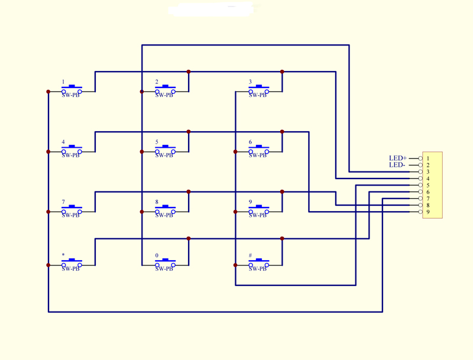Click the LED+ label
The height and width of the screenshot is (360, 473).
tap(398, 158)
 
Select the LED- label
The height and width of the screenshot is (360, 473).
tap(397, 165)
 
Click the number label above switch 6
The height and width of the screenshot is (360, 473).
tap(250, 142)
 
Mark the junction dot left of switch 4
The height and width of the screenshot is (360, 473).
tap(48, 152)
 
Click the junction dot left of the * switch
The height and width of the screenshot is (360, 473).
tap(48, 265)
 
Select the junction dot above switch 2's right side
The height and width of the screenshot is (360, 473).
tap(189, 72)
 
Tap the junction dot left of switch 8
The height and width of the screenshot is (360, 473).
tap(142, 212)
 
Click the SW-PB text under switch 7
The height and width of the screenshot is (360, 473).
tap(70, 215)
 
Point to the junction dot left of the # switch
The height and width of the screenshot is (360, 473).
tap(235, 265)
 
